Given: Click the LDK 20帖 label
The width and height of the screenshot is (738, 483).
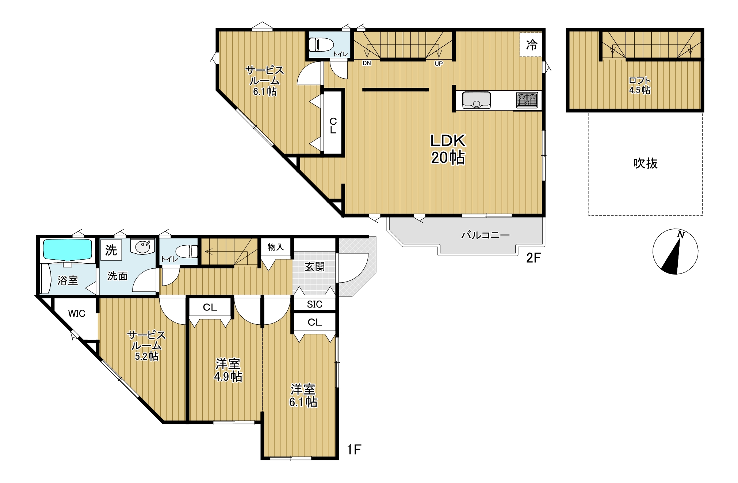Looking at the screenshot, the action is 448,149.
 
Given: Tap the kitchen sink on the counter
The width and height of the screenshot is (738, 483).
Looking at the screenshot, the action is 477,100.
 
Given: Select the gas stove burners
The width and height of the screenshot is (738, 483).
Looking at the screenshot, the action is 527,100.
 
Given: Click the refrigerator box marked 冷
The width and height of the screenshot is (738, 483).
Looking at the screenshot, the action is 531,45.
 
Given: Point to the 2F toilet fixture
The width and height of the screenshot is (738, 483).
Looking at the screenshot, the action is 321,45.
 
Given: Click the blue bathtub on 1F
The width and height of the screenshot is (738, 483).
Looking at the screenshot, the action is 68,250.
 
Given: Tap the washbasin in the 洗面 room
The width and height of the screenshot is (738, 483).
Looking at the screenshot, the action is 143,247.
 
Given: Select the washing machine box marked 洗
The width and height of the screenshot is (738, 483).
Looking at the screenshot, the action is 111,250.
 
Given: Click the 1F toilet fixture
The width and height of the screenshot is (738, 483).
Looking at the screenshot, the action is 187,251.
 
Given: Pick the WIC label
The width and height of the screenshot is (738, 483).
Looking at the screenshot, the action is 77,313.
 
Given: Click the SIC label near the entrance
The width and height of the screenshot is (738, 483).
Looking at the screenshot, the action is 314,304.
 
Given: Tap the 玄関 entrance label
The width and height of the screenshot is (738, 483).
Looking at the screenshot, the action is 314,267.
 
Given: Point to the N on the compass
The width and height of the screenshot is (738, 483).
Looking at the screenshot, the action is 681,234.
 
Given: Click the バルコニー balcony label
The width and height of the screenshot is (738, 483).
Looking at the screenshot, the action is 485,235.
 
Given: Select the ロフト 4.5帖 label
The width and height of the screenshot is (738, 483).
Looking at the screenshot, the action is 640,85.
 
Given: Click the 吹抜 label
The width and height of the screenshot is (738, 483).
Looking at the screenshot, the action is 645,163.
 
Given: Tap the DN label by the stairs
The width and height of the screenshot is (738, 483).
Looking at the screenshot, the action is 367,63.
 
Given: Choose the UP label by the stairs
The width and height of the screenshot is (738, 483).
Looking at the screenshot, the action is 439,64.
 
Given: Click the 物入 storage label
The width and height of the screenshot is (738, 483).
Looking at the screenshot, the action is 275,247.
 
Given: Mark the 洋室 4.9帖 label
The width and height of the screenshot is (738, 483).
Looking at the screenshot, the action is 228,370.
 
